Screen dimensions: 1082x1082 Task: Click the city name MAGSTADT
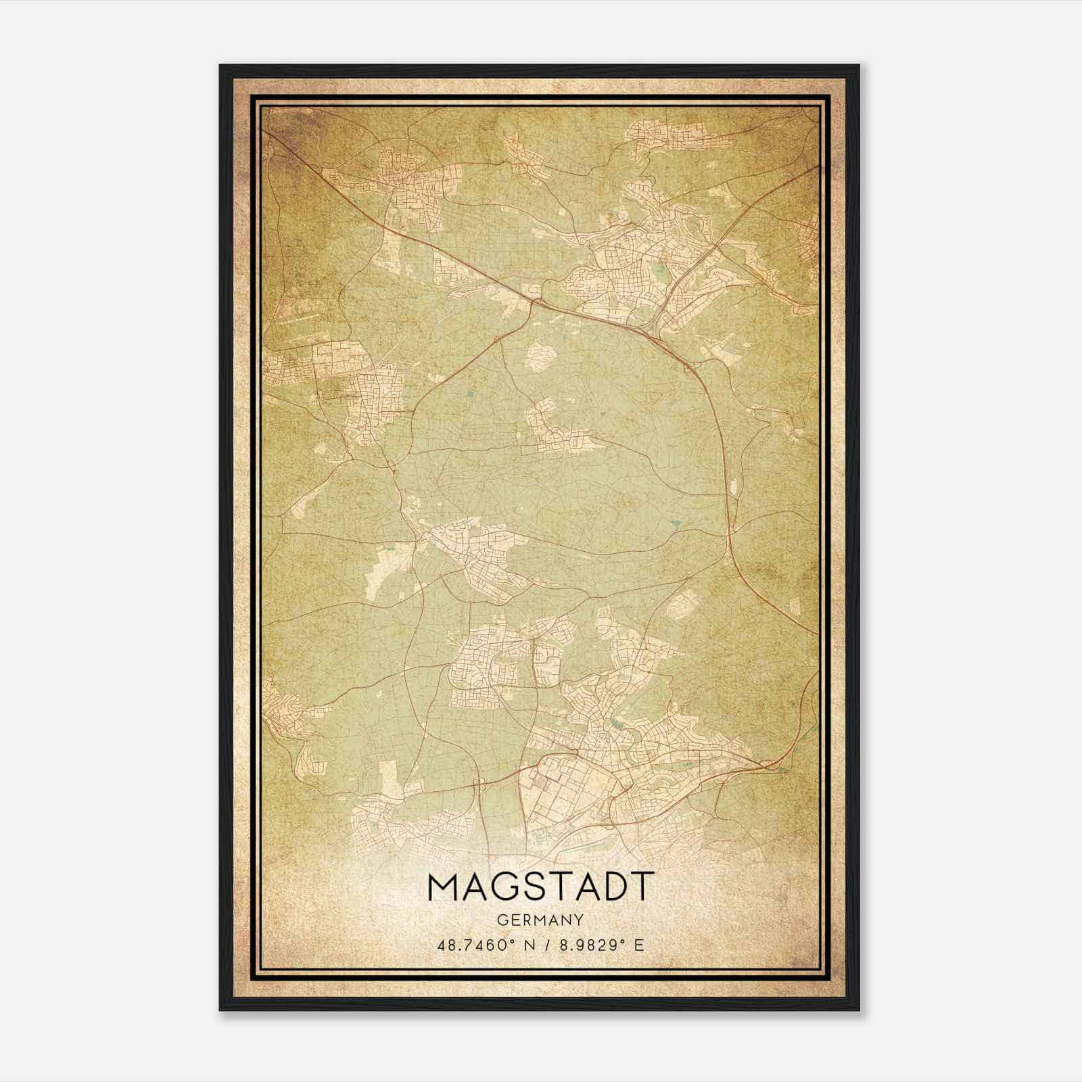(x=540, y=887)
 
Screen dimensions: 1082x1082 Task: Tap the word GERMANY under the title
(x=540, y=920)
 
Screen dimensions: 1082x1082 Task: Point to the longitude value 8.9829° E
(x=596, y=945)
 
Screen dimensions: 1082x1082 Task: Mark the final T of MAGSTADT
(x=643, y=887)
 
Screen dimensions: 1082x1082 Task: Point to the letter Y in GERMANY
(x=578, y=920)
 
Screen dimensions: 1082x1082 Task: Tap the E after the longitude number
(x=639, y=945)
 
